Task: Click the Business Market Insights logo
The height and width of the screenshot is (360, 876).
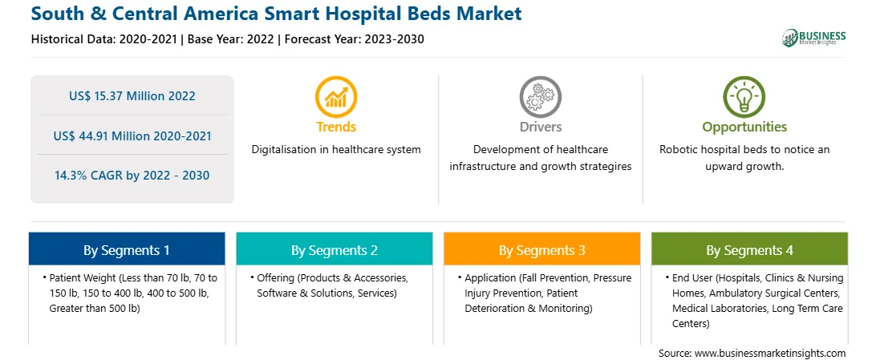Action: coord(813,38)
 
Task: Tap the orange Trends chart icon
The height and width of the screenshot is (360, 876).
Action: coord(336,97)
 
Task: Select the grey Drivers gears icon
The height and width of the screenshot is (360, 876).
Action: coord(540,97)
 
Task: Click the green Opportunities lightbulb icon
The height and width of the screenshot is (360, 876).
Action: coord(744,97)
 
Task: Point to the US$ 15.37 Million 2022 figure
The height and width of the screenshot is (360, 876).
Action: coord(132,96)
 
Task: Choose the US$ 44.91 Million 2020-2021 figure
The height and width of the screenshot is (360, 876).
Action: coord(132,136)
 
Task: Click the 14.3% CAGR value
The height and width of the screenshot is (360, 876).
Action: coord(132,176)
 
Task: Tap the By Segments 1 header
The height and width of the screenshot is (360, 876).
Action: coord(127,250)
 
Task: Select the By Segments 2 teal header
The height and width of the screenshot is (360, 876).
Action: coord(334,250)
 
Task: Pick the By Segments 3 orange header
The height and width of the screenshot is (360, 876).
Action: coord(542,250)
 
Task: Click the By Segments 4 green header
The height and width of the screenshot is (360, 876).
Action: coord(750,250)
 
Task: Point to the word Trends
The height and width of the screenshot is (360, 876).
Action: coord(336,127)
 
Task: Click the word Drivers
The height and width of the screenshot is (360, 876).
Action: coord(541,127)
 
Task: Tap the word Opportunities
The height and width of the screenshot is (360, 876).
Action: coord(744,127)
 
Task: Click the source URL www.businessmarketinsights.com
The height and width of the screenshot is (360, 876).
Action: coord(770,354)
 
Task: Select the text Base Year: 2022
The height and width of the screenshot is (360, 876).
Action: coord(231,39)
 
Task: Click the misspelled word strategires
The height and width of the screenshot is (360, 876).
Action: coord(605,166)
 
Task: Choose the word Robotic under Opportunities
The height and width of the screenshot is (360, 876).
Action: coord(678,150)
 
